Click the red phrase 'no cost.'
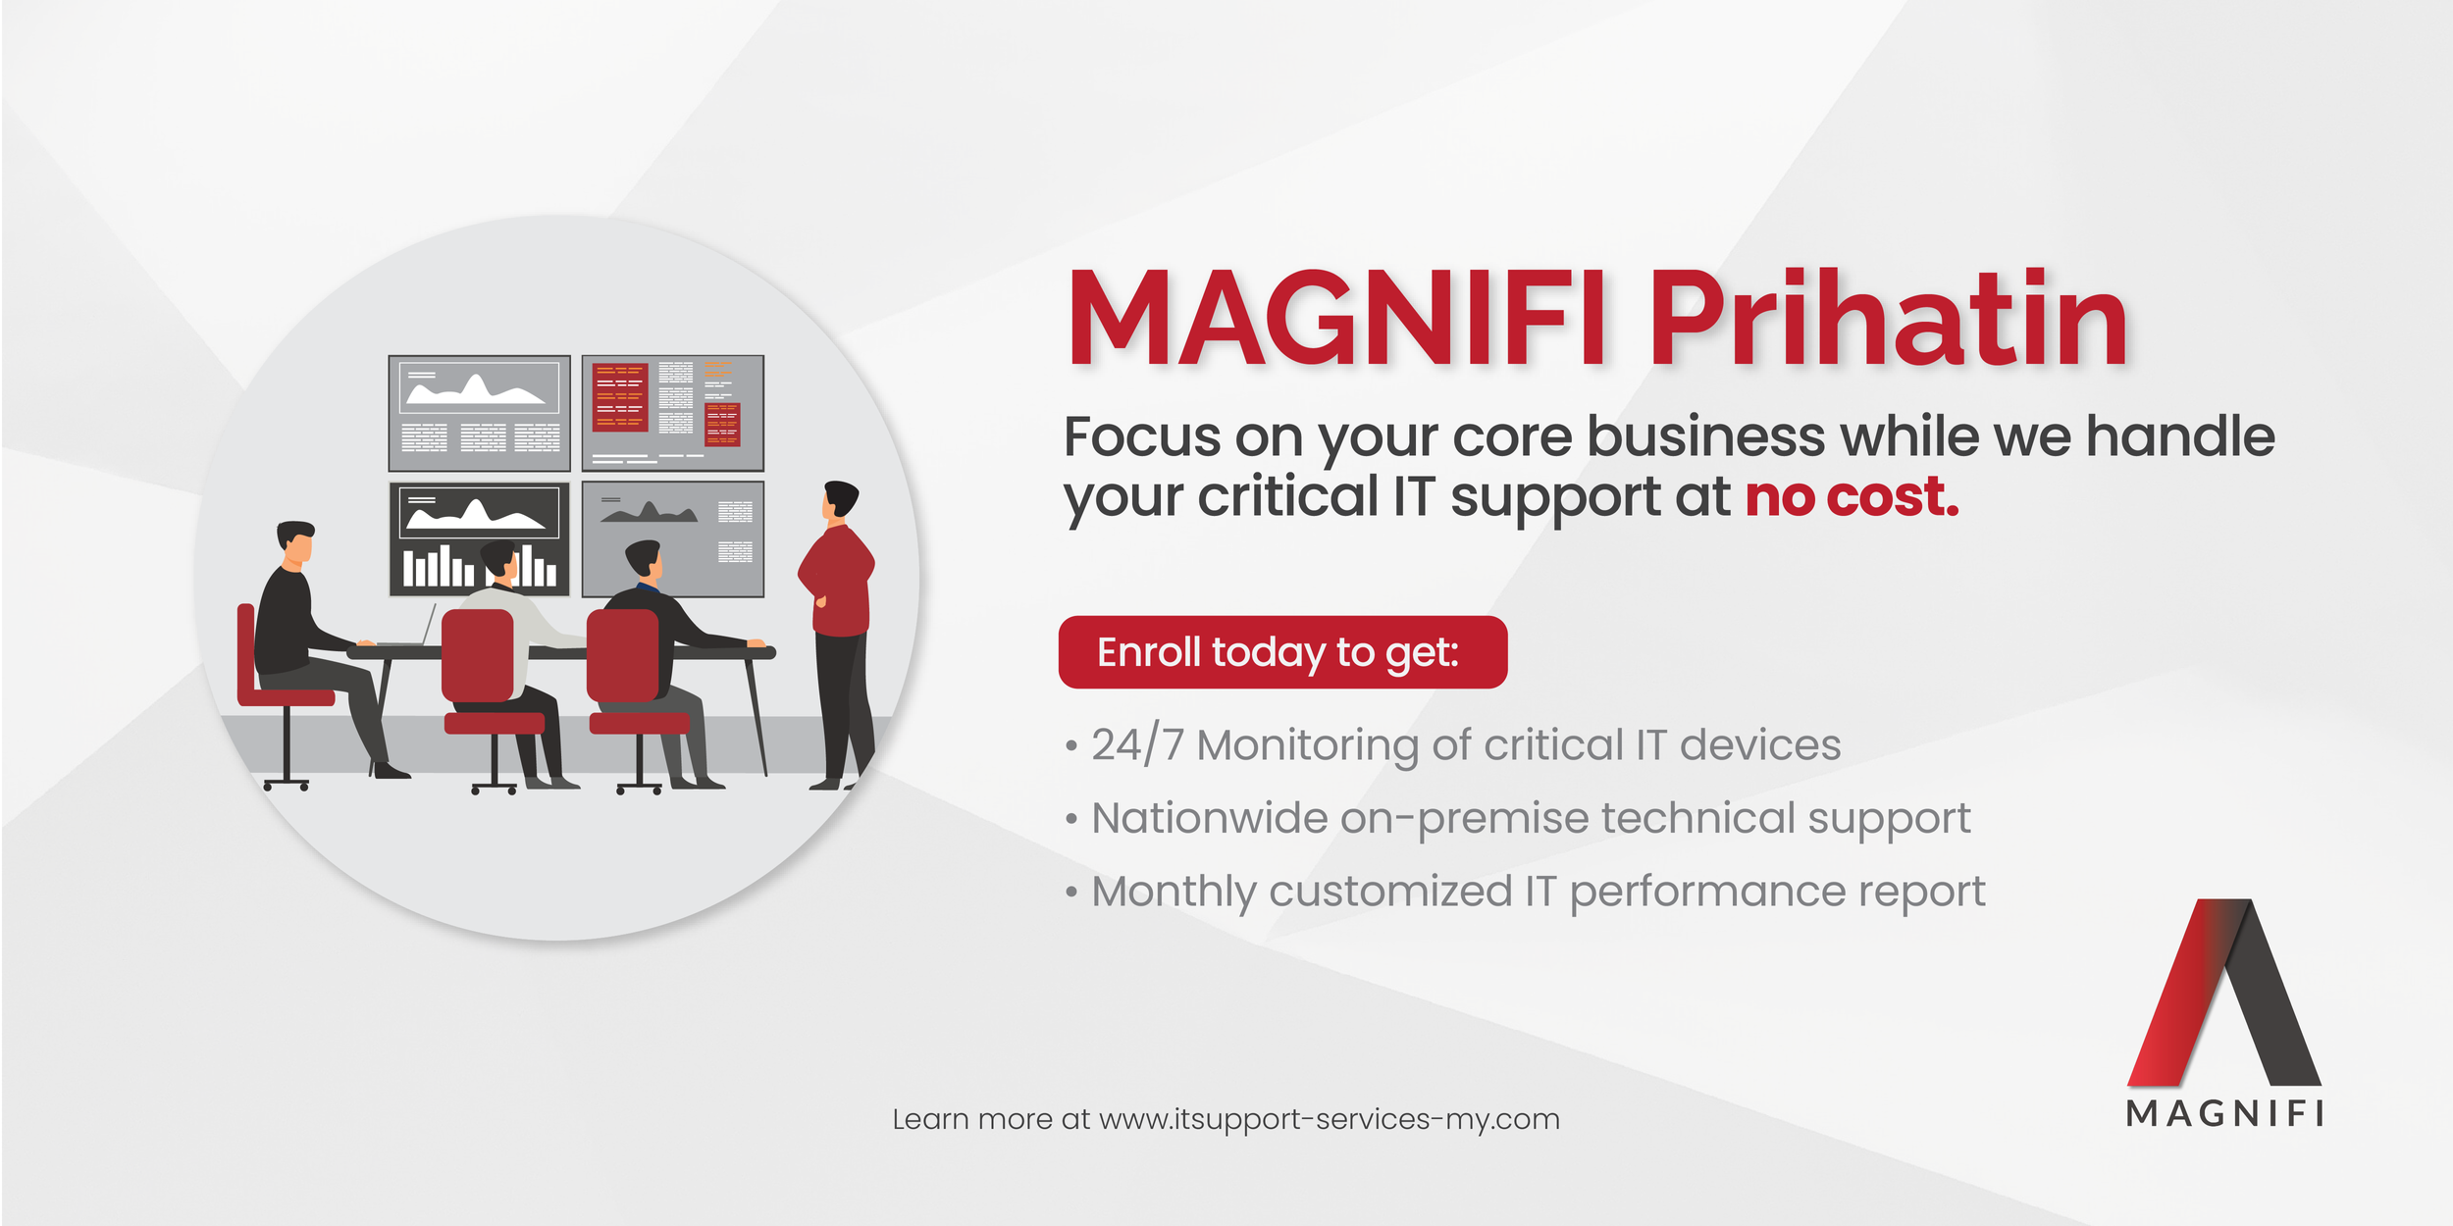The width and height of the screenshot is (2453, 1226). (1852, 496)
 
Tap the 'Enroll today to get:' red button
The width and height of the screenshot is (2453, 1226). (1282, 652)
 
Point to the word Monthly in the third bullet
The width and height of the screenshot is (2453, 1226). (1174, 893)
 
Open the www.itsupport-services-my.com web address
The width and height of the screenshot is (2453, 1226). (1329, 1119)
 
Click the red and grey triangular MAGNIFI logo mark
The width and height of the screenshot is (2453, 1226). (2223, 992)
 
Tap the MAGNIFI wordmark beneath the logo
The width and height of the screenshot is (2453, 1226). (2224, 1114)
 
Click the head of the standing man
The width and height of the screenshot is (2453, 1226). (840, 499)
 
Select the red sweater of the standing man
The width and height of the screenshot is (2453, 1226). (836, 581)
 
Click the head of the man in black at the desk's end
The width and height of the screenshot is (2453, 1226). (295, 542)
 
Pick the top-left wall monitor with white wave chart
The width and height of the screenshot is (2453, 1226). (479, 413)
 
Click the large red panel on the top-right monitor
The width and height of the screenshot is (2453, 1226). (620, 397)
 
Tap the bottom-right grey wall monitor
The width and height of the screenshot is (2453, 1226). (673, 538)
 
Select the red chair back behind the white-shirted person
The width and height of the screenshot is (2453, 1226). (478, 655)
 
